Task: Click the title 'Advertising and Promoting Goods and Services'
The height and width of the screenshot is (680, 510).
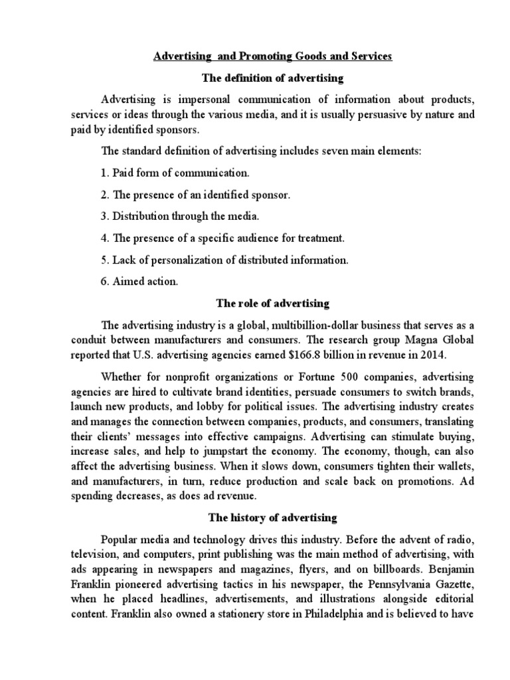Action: [x=273, y=56]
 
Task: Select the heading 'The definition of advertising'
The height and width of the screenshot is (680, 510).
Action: [x=273, y=78]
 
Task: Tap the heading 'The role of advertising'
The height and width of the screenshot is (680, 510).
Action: [x=273, y=303]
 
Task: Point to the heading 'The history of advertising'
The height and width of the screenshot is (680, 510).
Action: [x=273, y=517]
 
